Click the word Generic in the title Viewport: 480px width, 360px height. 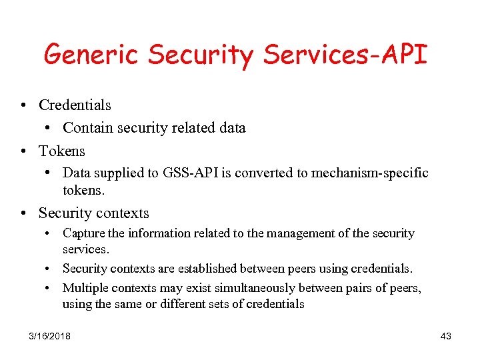tap(91, 55)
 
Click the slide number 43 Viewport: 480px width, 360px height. tap(446, 336)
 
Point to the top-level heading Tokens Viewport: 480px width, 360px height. tap(62, 151)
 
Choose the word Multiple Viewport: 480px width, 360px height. tap(85, 287)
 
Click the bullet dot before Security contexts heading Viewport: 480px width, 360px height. tap(23, 214)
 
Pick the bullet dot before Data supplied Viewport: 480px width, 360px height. tap(49, 173)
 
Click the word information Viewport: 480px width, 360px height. tap(154, 233)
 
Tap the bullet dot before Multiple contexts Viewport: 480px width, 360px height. tap(49, 287)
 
